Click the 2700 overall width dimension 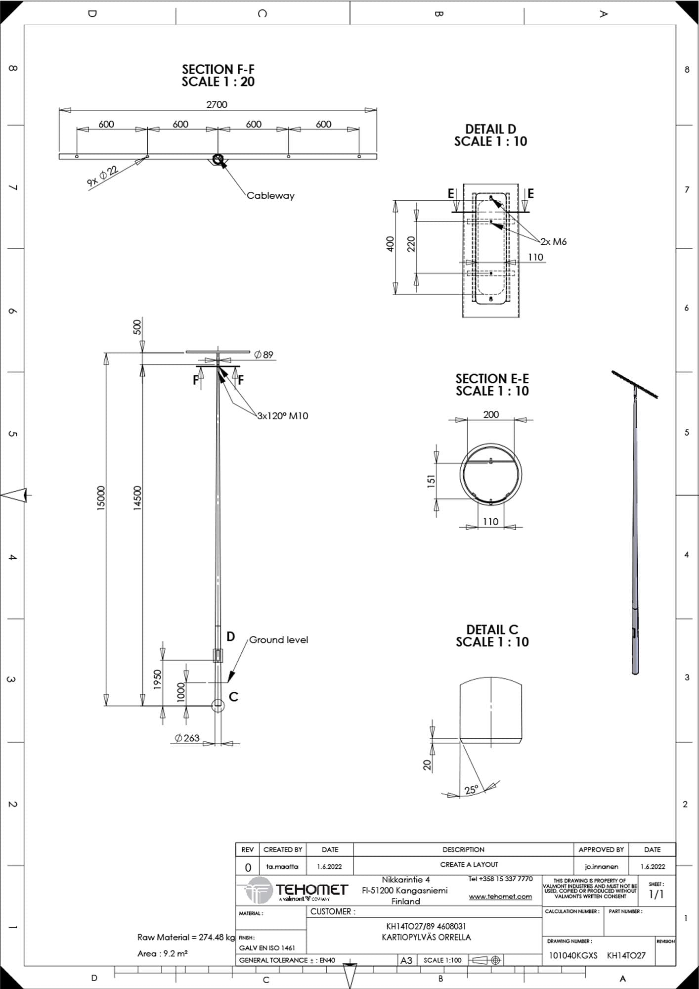pos(217,104)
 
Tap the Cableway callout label pos(270,195)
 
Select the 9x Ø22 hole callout pos(103,177)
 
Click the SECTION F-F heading pos(218,69)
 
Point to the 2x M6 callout pos(553,241)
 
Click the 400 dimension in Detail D pos(391,244)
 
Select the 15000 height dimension pos(101,498)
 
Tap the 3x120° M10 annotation pos(282,416)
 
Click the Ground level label pos(278,640)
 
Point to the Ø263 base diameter pos(187,738)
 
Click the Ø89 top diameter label pos(263,355)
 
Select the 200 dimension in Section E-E pos(491,414)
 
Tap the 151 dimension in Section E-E pos(431,481)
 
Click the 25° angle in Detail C pos(472,790)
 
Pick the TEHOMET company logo pos(296,891)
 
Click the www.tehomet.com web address pos(500,897)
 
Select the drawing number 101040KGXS pos(573,955)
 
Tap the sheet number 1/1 pos(656,894)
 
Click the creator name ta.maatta pos(282,866)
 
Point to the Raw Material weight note pos(186,937)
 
